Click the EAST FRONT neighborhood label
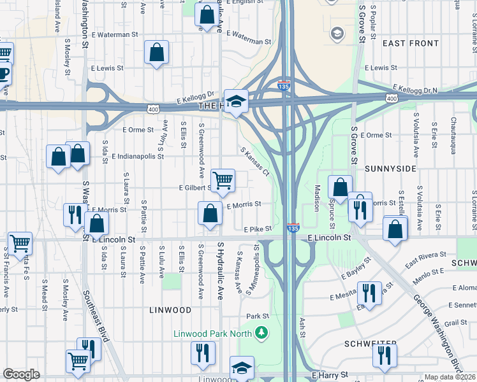tap(411, 43)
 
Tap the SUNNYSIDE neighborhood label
tap(391, 169)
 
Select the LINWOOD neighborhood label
tap(170, 310)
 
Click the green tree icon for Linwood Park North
tap(261, 332)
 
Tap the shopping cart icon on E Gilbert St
tap(223, 181)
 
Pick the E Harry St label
tap(329, 376)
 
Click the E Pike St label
tap(258, 229)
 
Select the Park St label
tap(258, 316)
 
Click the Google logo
tap(21, 374)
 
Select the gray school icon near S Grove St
tap(337, 33)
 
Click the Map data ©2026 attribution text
tap(450, 377)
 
